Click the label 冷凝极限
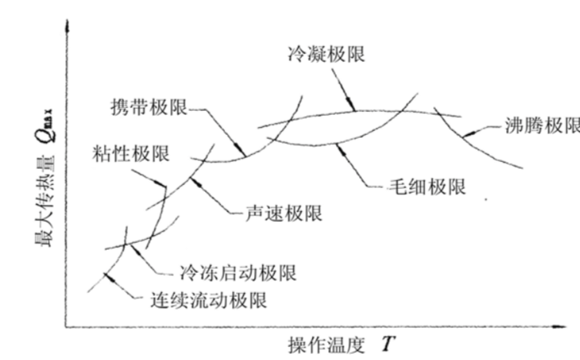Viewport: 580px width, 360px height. click(324, 55)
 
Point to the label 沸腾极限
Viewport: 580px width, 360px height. click(542, 126)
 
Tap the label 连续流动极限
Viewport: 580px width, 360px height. click(208, 301)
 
